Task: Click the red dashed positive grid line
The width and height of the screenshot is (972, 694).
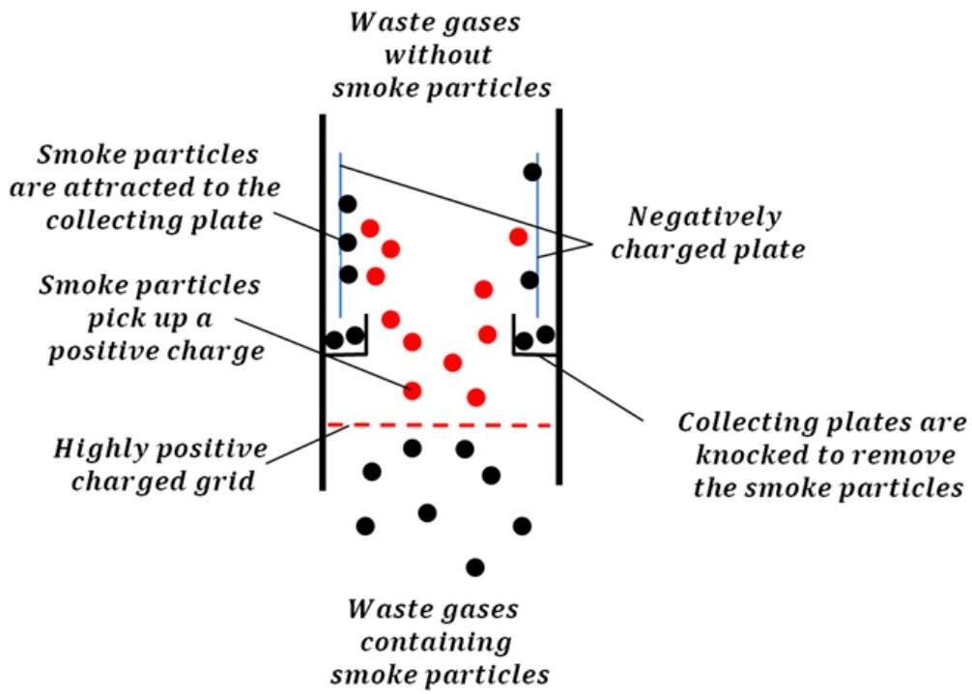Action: tap(440, 424)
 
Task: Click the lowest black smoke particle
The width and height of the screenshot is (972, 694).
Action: tap(474, 566)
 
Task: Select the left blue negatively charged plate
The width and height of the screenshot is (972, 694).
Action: tap(340, 242)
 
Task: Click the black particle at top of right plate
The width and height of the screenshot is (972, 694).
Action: tap(531, 172)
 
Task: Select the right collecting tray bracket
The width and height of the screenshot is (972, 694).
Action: tap(533, 350)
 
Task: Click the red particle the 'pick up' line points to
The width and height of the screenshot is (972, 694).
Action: tap(413, 390)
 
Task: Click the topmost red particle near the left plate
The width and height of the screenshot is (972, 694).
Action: tap(370, 228)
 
